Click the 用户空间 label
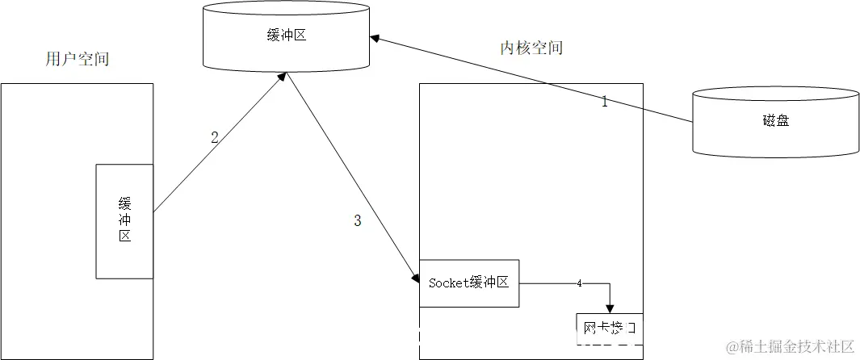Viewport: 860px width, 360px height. (x=78, y=59)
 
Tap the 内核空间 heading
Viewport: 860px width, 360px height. (x=531, y=48)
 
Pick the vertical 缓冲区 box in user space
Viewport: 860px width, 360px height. (x=124, y=221)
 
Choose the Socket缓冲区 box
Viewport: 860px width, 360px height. (x=468, y=283)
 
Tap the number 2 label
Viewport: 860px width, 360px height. (x=215, y=137)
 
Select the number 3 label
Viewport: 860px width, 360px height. (x=358, y=221)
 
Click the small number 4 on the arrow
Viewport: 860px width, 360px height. (x=579, y=283)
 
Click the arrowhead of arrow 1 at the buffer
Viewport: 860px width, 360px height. (x=374, y=37)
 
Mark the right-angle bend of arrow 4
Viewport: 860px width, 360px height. (x=610, y=283)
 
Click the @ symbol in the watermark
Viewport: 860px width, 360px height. (x=732, y=347)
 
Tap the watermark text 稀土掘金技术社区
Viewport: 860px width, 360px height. (x=796, y=347)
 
